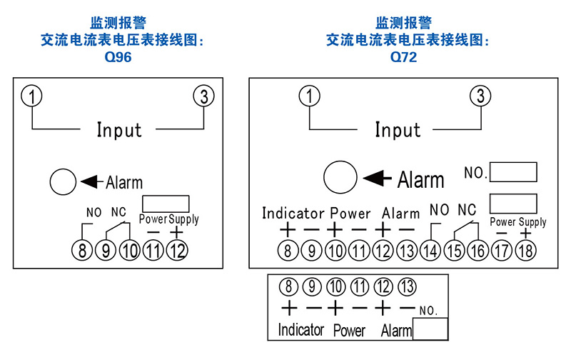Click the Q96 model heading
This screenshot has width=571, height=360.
(118, 57)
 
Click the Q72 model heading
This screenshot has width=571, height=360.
(403, 57)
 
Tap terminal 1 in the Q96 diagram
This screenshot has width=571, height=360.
(31, 96)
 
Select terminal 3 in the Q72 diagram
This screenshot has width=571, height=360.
(480, 96)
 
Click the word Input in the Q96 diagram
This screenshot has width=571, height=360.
(119, 130)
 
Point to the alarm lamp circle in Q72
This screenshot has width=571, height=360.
(340, 177)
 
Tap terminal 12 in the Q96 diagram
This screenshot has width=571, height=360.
(177, 250)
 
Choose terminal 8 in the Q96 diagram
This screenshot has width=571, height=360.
(82, 250)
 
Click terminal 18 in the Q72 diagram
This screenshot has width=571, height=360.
(525, 251)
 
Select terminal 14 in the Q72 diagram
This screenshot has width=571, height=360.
(430, 251)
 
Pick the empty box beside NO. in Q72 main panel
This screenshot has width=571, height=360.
(513, 172)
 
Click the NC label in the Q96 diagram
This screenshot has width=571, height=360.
(118, 211)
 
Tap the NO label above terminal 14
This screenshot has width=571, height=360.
(439, 210)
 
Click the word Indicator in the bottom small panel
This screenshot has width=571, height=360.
(300, 330)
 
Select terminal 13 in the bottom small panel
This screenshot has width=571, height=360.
(407, 286)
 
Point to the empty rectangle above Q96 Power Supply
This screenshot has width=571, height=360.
(166, 204)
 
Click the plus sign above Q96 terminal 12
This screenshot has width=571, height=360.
(176, 232)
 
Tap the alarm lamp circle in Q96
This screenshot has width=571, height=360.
(63, 181)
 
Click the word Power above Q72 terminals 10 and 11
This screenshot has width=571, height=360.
(350, 214)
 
